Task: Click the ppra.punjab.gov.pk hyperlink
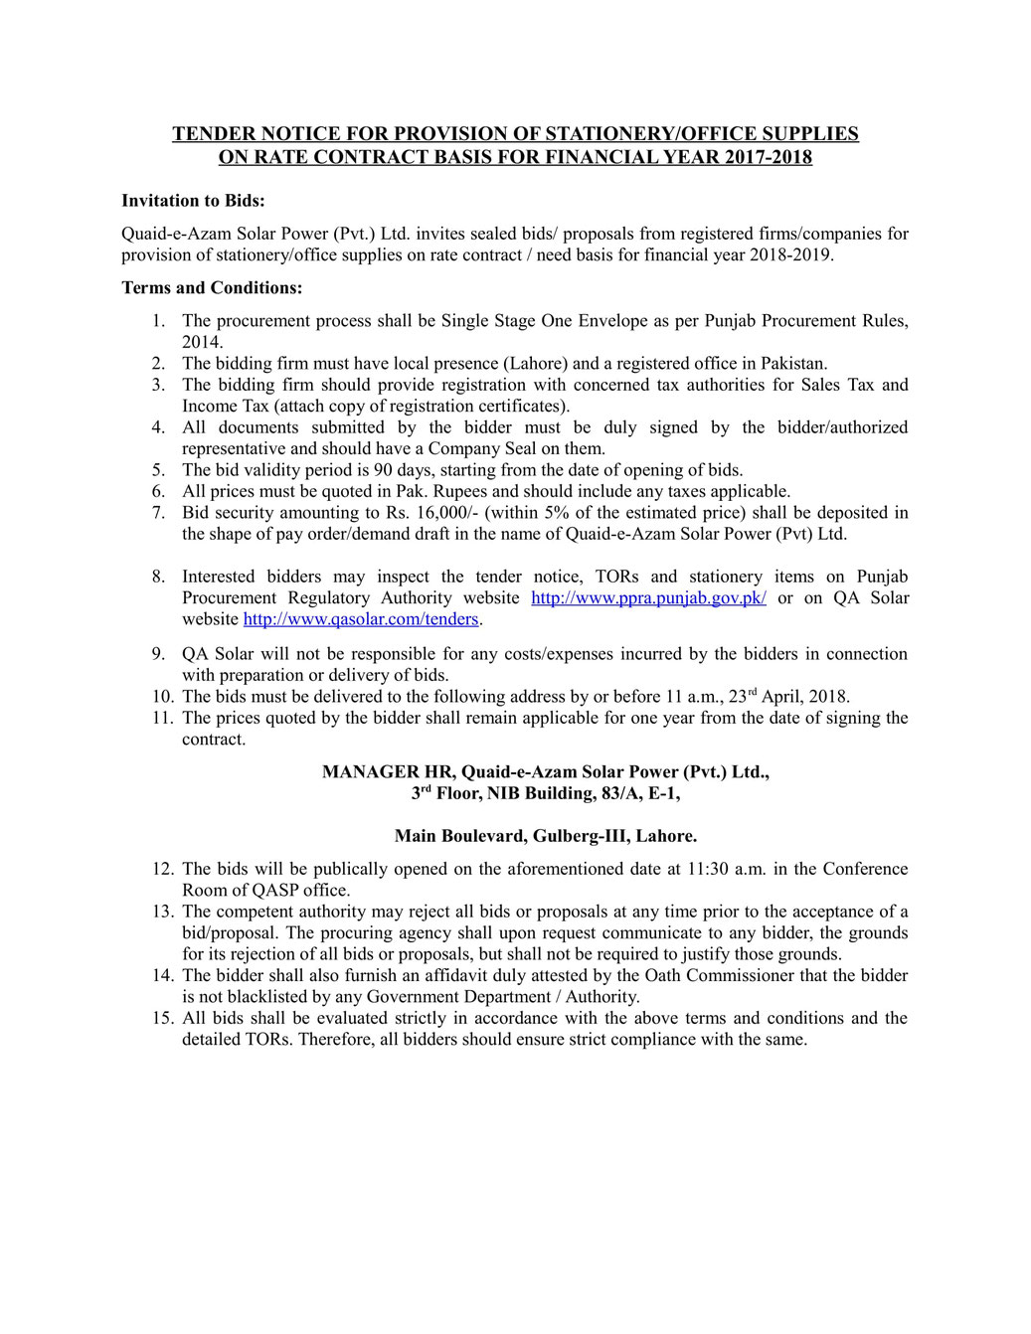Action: click(648, 597)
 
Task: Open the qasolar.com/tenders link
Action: click(361, 619)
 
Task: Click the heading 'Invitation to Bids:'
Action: click(193, 201)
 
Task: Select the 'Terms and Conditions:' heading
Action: click(212, 288)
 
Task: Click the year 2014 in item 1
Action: click(201, 342)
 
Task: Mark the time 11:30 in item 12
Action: click(708, 869)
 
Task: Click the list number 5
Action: click(159, 470)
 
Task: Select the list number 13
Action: click(162, 912)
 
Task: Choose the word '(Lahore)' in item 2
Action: click(535, 364)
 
